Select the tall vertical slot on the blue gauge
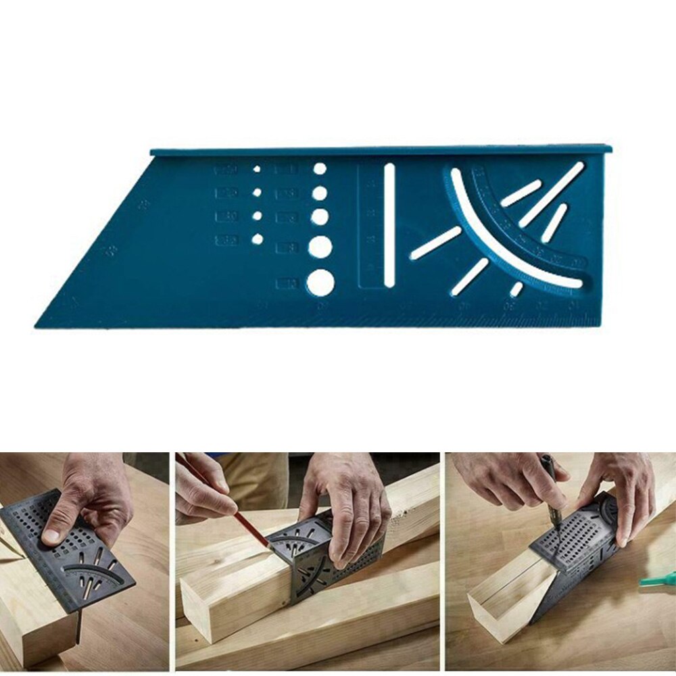pos(389,224)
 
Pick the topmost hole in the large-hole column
pos(320,168)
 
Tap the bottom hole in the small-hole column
pos(257,239)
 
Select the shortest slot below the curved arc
pos(516,289)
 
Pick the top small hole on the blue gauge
pos(257,169)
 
